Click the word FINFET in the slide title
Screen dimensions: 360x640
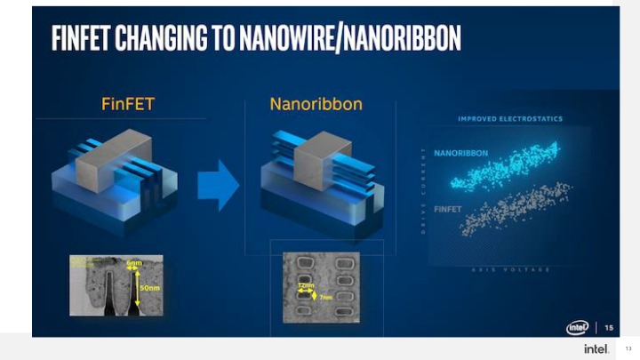[x=83, y=38]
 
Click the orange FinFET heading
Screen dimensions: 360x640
[x=128, y=105]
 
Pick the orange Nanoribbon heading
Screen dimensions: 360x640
[x=316, y=105]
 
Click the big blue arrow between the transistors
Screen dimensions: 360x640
[x=218, y=186]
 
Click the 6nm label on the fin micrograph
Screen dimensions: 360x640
[x=133, y=264]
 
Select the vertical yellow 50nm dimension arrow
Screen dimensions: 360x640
[x=136, y=289]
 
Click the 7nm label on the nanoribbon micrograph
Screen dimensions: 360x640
[x=324, y=296]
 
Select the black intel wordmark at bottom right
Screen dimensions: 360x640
[x=596, y=348]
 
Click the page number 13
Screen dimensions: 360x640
[x=628, y=348]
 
